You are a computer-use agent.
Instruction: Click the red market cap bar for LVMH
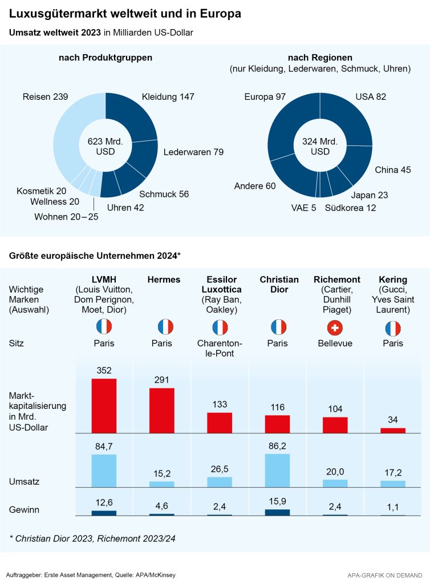click(x=104, y=405)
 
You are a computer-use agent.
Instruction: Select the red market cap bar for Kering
click(x=393, y=431)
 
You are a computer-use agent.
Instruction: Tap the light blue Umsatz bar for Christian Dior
click(x=277, y=471)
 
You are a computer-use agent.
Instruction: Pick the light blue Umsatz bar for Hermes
click(x=162, y=484)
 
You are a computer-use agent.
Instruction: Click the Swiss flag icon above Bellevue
click(x=335, y=327)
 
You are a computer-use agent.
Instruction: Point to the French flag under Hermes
click(x=165, y=327)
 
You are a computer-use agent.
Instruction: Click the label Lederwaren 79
click(x=193, y=152)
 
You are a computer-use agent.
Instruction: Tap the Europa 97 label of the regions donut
click(x=265, y=98)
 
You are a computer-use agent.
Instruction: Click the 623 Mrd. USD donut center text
click(x=105, y=146)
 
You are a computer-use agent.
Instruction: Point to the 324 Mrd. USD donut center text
click(x=320, y=146)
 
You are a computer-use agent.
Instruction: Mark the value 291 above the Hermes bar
click(x=162, y=380)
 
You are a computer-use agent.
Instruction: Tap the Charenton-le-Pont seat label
click(x=220, y=348)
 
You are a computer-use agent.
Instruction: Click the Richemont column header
click(x=336, y=279)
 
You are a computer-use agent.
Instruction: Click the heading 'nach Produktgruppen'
click(x=106, y=58)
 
